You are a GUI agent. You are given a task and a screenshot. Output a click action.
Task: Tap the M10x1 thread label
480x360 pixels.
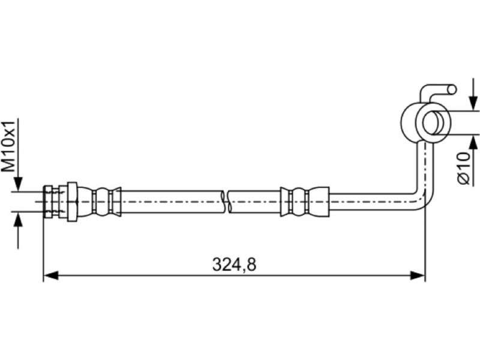[x=8, y=146]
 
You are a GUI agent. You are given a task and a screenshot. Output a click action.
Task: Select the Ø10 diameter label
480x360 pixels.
[x=464, y=168]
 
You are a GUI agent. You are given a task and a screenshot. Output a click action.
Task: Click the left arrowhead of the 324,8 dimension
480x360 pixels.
[x=51, y=275]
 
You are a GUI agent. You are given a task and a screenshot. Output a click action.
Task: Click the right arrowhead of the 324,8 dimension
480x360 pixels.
[x=418, y=275]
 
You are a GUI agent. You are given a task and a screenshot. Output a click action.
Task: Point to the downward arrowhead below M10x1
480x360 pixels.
[x=19, y=185]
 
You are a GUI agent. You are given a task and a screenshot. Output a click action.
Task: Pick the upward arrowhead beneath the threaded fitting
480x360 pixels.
[x=19, y=219]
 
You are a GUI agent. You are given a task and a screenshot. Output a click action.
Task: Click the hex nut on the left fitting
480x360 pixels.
[x=72, y=202]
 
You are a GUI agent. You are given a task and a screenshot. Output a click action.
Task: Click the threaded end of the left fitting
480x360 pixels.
[x=52, y=202]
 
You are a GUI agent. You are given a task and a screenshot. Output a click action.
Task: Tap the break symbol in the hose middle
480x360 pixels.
[x=226, y=202]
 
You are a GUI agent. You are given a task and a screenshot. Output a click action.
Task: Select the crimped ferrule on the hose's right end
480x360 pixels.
[x=305, y=202]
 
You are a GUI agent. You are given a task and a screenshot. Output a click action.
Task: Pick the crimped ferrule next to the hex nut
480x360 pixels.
[x=100, y=202]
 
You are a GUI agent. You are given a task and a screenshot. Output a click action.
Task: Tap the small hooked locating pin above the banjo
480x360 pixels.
[x=438, y=91]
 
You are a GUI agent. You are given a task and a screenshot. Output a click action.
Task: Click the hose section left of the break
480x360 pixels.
[x=172, y=202]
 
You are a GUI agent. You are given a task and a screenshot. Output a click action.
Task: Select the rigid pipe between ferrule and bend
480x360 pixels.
[x=370, y=202]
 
